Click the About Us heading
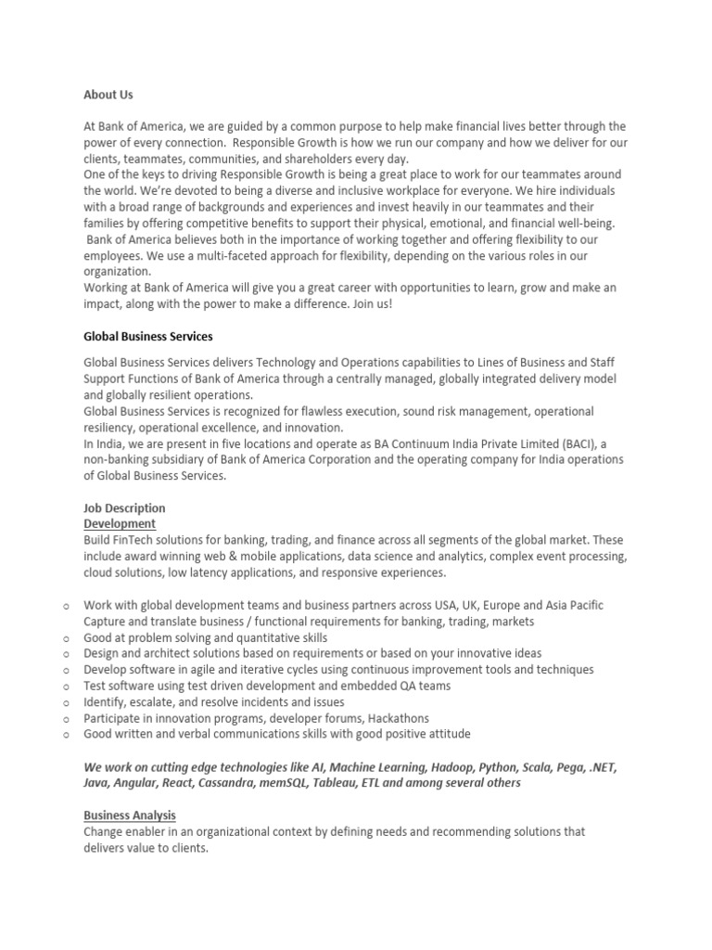[x=108, y=95]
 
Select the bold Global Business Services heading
[x=148, y=337]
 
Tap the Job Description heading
[x=124, y=508]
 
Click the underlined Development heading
[x=120, y=524]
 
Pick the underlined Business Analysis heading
[x=130, y=815]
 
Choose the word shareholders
[x=289, y=159]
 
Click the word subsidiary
[x=184, y=460]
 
